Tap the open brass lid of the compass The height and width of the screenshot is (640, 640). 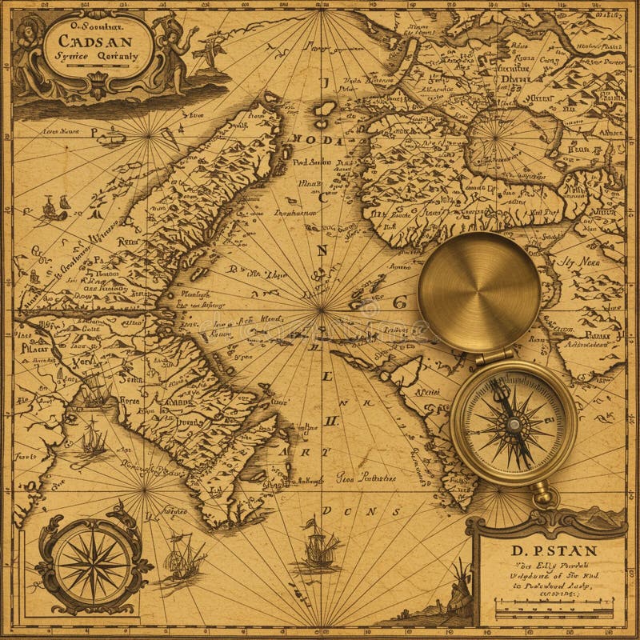click(x=479, y=292)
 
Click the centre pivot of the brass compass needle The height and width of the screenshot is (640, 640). click(x=513, y=424)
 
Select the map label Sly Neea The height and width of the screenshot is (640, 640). click(x=578, y=260)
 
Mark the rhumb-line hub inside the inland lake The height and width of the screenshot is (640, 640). click(x=494, y=138)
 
